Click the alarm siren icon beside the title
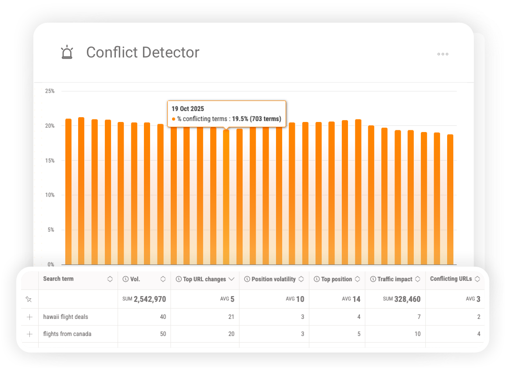pos(67,52)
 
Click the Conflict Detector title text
pos(143,52)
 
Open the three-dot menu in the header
pos(443,54)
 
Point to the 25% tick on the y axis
pos(50,91)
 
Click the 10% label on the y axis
pos(50,195)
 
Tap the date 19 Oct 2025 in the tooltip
pos(188,109)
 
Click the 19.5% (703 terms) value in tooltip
pos(255,119)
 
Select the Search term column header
pos(58,279)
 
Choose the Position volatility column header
pos(273,279)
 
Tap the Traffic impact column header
pos(394,279)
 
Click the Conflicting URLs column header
pos(451,279)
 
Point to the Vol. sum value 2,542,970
pos(150,299)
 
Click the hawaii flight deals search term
pos(66,317)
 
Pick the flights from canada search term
pos(67,334)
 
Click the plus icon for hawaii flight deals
pos(29,317)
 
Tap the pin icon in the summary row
pos(29,299)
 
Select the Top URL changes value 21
pos(231,317)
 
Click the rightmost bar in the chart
pos(450,200)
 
